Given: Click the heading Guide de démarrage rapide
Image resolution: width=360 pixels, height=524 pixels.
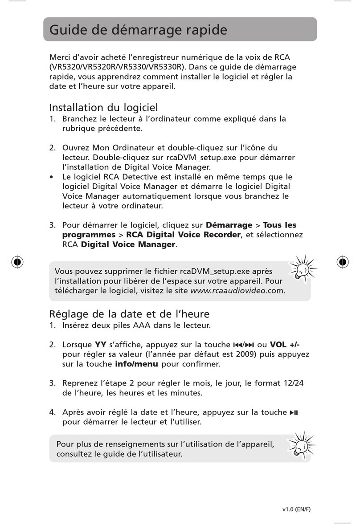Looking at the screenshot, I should (138, 30).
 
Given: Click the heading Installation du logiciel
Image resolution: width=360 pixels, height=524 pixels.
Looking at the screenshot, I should (103, 108).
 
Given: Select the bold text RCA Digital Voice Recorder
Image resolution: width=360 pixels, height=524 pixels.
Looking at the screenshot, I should (183, 235).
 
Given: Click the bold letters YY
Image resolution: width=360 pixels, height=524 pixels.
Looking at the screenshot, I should (100, 345).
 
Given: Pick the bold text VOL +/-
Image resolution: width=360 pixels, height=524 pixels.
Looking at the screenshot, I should (288, 345).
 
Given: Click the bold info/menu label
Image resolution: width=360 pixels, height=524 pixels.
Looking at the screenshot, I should (137, 364).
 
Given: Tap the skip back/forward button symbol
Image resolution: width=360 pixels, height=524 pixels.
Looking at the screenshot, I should (243, 345).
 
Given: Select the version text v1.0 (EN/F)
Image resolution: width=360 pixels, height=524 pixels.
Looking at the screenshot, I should (296, 510).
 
